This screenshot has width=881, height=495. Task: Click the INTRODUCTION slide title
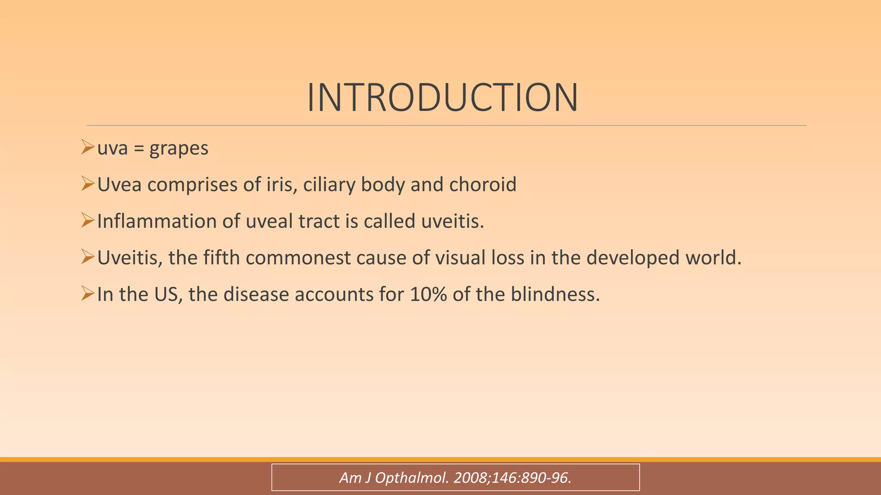[442, 98]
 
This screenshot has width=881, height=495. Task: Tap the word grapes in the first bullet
[179, 149]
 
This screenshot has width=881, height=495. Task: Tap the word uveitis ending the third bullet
[452, 221]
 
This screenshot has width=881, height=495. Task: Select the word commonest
[298, 258]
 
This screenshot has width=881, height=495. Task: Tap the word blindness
[555, 294]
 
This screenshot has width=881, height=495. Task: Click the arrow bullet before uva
[87, 147]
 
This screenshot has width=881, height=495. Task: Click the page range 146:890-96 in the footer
[531, 477]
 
